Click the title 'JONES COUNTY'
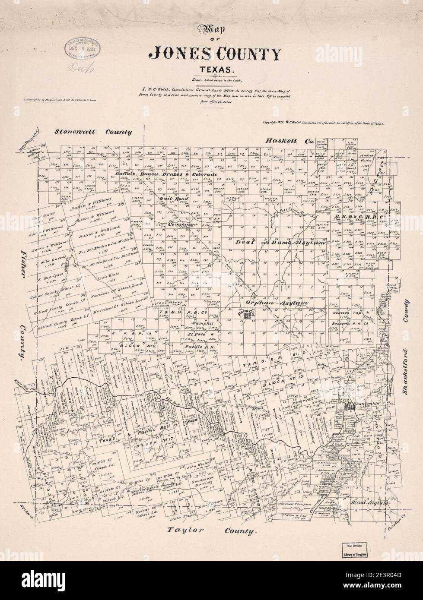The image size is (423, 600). click(x=215, y=54)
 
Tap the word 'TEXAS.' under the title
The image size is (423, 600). click(x=215, y=69)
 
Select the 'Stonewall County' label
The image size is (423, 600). click(x=93, y=132)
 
